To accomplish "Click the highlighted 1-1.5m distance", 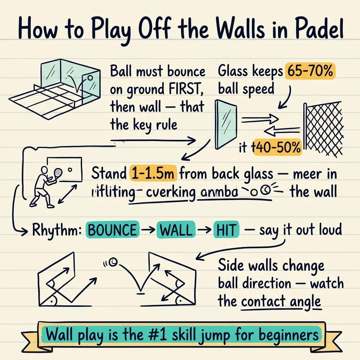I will click(154, 173).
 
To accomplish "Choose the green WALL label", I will click(176, 230).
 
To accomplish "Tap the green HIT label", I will click(226, 230).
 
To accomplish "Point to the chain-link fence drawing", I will click(323, 128).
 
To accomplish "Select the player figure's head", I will click(43, 170).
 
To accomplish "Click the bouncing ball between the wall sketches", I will click(113, 262).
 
